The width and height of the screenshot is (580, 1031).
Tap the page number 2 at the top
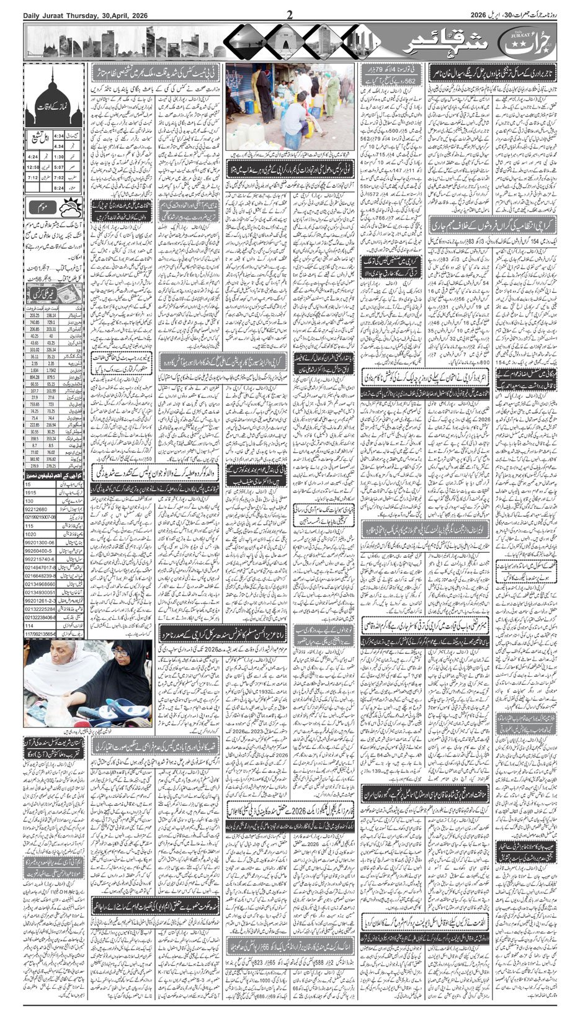tap(289, 15)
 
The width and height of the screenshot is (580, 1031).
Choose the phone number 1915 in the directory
tap(31, 492)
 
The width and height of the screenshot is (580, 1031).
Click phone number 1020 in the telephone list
tap(31, 533)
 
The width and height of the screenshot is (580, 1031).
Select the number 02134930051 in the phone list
tap(40, 592)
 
